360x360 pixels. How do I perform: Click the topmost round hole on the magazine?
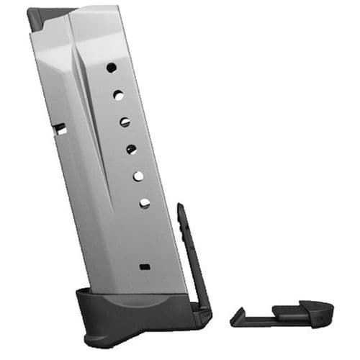point(112,68)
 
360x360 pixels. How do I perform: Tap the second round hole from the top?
point(118,94)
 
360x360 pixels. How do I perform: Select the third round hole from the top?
point(125,122)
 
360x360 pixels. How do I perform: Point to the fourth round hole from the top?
point(131,149)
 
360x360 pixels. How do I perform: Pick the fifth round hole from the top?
point(138,176)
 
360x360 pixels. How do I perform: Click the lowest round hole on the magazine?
point(144,203)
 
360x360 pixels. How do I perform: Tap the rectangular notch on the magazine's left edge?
point(60,130)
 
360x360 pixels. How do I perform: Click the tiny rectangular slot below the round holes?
point(147,266)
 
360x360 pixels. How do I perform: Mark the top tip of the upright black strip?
point(180,207)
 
